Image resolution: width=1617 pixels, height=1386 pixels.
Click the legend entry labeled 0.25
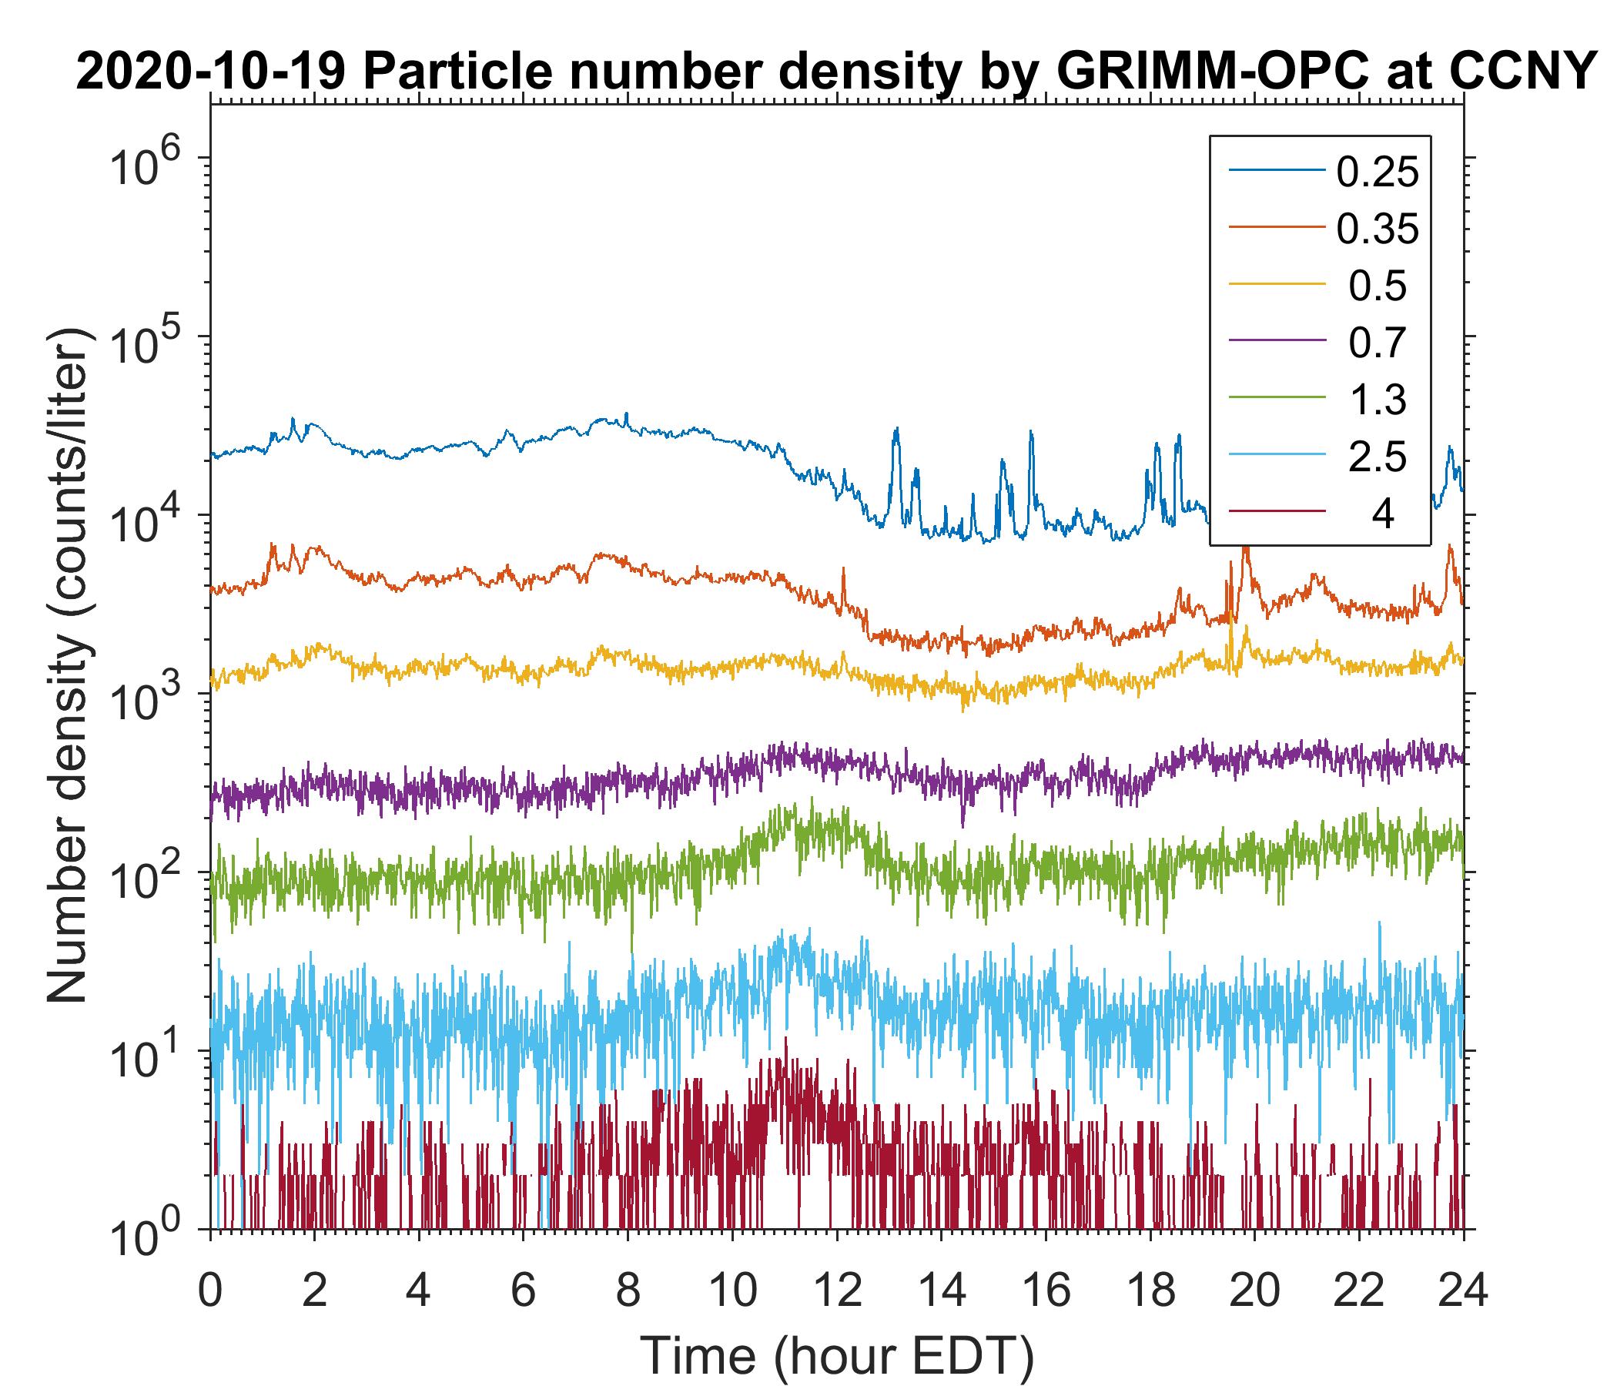pyautogui.click(x=1378, y=172)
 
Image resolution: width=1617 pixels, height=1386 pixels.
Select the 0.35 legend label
pyautogui.click(x=1378, y=229)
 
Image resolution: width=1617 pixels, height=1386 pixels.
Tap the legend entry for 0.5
pyautogui.click(x=1378, y=286)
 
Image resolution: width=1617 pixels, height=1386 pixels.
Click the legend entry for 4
pyautogui.click(x=1382, y=514)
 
